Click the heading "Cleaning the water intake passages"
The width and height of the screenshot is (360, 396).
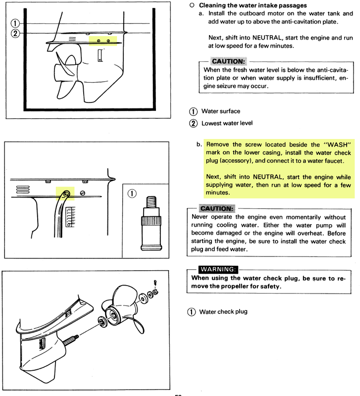pyautogui.click(x=253, y=5)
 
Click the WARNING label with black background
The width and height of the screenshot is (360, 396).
pyautogui.click(x=218, y=269)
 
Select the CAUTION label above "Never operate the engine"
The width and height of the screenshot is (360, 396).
pyautogui.click(x=217, y=208)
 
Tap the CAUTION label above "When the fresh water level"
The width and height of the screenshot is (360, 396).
pyautogui.click(x=228, y=62)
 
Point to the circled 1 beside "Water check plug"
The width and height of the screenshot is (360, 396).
pyautogui.click(x=192, y=312)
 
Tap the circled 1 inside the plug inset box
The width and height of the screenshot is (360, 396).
pyautogui.click(x=132, y=194)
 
